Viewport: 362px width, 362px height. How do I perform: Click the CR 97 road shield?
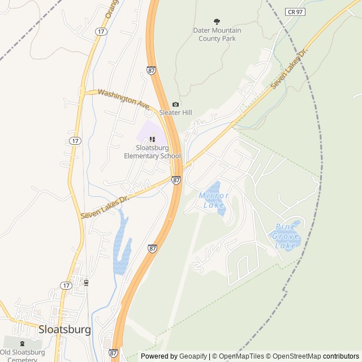click(295, 11)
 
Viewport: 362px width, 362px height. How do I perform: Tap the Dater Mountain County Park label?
click(217, 34)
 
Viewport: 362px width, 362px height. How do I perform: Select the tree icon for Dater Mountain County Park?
click(217, 21)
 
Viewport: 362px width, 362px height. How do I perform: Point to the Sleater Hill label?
click(175, 113)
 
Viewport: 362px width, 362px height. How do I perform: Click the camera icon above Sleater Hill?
click(175, 104)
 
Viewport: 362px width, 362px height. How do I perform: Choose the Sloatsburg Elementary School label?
click(153, 152)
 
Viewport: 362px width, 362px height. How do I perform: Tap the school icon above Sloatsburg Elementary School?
click(153, 139)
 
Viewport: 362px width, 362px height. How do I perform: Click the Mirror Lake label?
click(214, 200)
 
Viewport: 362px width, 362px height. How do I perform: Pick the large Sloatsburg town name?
click(64, 329)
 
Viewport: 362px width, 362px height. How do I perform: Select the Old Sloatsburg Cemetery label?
click(23, 355)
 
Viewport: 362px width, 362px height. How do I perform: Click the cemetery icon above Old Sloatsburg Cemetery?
click(22, 343)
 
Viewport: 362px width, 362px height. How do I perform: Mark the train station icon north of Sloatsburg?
click(86, 282)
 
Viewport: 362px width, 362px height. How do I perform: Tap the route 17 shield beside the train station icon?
click(66, 286)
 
